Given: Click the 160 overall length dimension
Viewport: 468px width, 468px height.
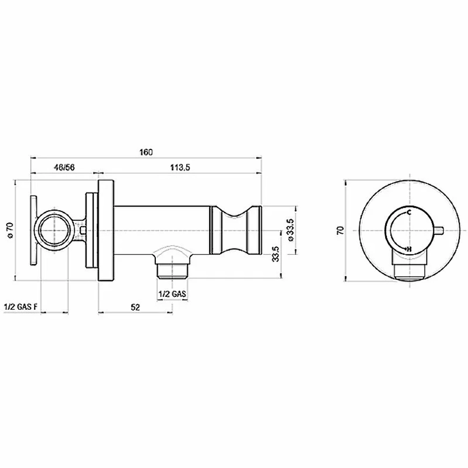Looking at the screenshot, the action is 146,152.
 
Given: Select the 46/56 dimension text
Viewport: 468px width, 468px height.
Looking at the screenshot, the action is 64,168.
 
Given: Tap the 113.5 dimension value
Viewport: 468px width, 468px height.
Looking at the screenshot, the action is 180,168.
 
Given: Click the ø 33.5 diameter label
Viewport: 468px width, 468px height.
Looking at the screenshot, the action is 291,230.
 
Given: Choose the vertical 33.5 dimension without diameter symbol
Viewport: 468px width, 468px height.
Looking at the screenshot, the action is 276,254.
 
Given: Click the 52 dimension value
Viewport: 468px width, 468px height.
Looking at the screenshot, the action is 135,307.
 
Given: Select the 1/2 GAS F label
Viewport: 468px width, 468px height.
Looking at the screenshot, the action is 21,307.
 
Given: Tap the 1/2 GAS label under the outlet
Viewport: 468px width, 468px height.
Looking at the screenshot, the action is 172,294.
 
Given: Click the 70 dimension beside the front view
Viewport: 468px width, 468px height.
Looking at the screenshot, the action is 340,230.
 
